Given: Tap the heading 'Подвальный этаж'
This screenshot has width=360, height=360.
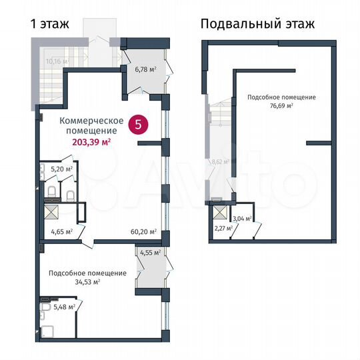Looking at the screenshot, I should pyautogui.click(x=257, y=24).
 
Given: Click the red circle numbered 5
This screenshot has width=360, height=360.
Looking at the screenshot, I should pyautogui.click(x=138, y=124).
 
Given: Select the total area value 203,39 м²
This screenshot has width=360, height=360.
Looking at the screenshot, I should pyautogui.click(x=91, y=141).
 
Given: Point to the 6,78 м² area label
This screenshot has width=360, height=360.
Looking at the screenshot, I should pyautogui.click(x=145, y=69).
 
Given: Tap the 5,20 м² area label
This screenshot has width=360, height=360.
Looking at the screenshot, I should pyautogui.click(x=61, y=169).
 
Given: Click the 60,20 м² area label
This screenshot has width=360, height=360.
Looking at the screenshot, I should pyautogui.click(x=143, y=232).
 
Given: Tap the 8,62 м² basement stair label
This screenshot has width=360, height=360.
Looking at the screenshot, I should pyautogui.click(x=219, y=161).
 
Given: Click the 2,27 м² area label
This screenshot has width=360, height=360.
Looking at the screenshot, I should pyautogui.click(x=223, y=229).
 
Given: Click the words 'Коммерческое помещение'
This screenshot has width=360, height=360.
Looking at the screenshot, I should pyautogui.click(x=91, y=125).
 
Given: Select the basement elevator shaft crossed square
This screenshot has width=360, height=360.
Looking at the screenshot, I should pyautogui.click(x=219, y=213).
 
